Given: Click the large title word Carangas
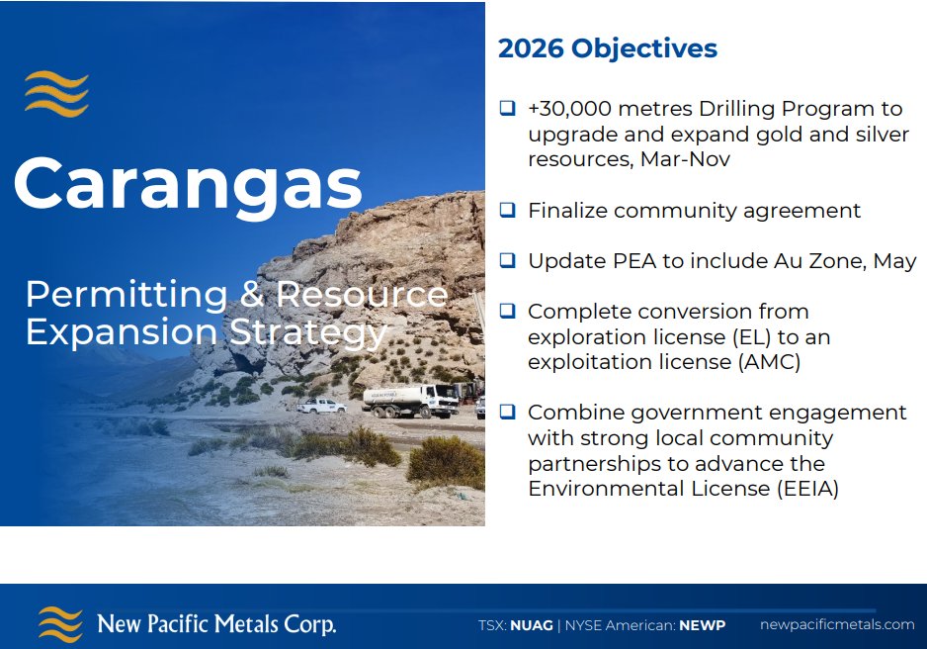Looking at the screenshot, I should coord(188,183).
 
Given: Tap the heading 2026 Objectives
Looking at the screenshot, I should coord(607,48).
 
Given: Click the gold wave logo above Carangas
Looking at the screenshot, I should coord(56,94).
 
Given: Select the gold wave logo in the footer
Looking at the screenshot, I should coord(60,624).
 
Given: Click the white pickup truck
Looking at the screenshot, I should coord(321,406).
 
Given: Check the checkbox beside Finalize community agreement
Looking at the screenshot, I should coord(507,210).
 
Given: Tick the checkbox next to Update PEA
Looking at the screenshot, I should coord(507,261).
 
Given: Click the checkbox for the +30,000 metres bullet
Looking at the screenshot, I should coord(507,108).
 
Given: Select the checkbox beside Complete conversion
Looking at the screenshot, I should coord(507,311).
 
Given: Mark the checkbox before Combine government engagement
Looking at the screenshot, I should coord(507,412).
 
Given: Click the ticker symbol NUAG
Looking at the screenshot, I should coord(532,625).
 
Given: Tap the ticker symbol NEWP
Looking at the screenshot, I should coord(702,625).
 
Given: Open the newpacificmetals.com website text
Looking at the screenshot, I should coord(837,624).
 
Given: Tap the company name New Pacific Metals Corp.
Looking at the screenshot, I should coord(216,624).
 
